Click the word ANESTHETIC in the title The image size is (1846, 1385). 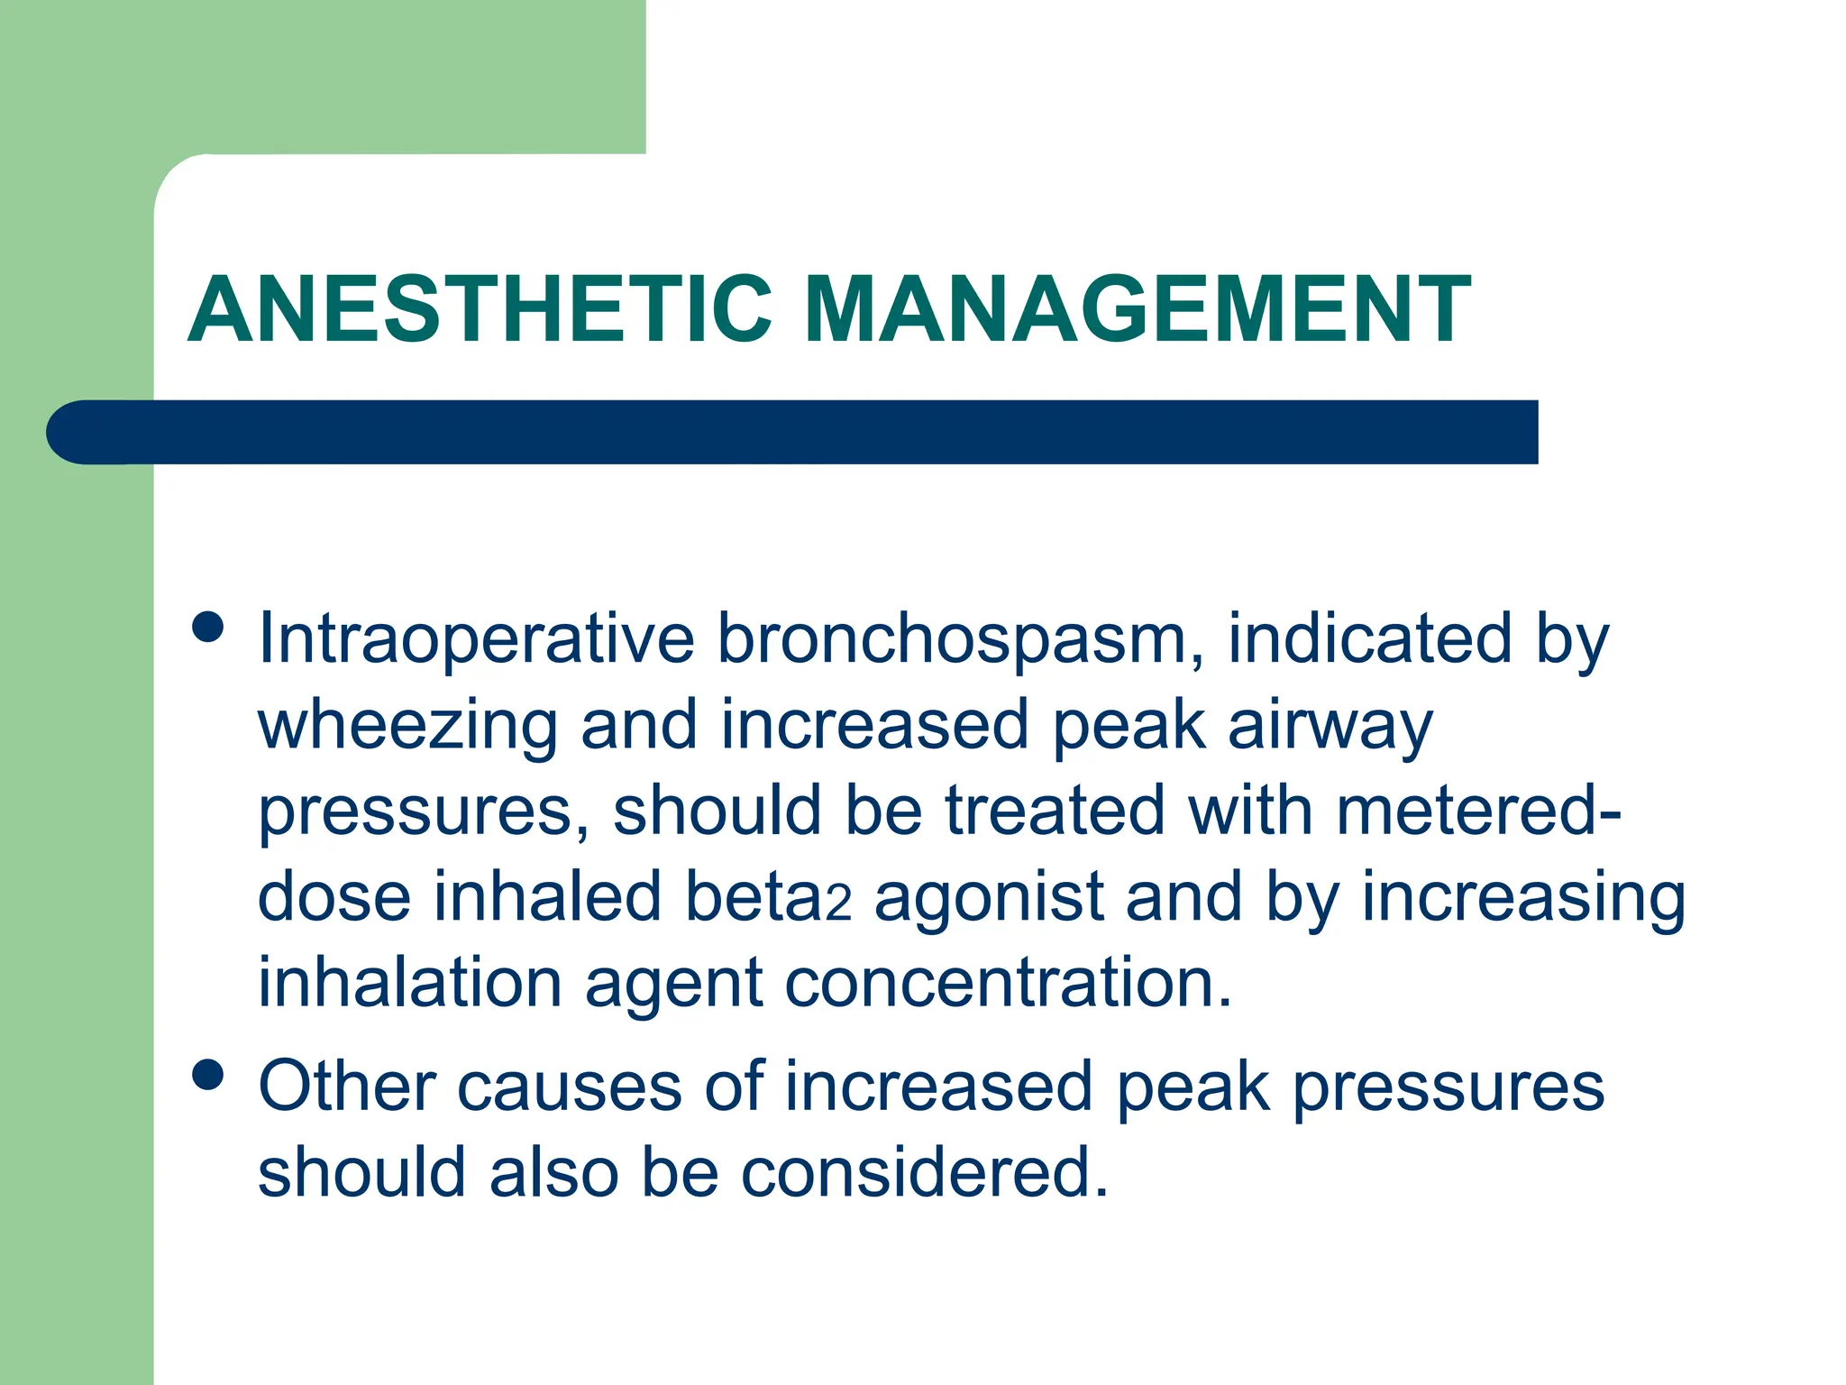(x=480, y=310)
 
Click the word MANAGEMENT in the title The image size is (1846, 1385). (x=1138, y=310)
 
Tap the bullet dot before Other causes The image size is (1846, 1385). (x=208, y=1075)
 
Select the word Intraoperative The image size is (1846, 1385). (x=476, y=638)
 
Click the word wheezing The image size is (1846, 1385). (x=407, y=727)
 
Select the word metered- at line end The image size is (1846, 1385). (x=1478, y=810)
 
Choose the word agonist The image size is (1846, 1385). (x=989, y=898)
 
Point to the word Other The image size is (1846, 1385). (x=347, y=1086)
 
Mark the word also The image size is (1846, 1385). (x=553, y=1172)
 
